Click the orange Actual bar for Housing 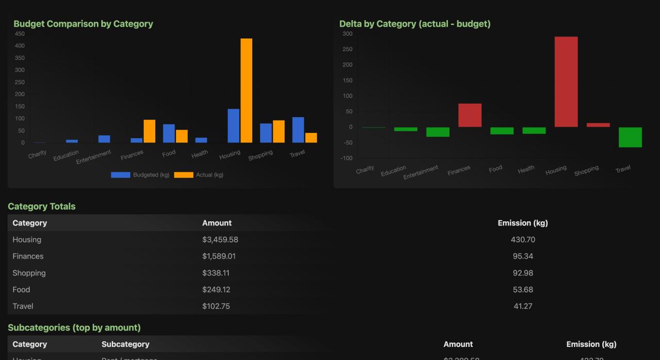click(x=246, y=91)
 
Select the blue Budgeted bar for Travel click(x=298, y=130)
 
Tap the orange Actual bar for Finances click(x=150, y=132)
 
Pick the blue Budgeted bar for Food click(x=169, y=134)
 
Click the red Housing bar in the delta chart click(x=566, y=81)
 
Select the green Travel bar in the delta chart click(x=630, y=137)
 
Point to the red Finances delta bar click(x=470, y=115)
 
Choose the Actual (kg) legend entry click(x=199, y=175)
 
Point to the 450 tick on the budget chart click(x=20, y=34)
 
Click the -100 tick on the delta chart click(x=346, y=158)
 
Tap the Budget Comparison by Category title click(x=83, y=24)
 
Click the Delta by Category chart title click(x=415, y=24)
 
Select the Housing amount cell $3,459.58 click(x=220, y=240)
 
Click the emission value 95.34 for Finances click(x=523, y=256)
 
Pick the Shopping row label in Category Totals click(x=29, y=273)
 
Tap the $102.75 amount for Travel click(x=216, y=306)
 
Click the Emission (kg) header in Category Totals click(x=522, y=223)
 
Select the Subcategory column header click(x=125, y=345)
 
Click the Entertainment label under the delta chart click(x=421, y=172)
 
